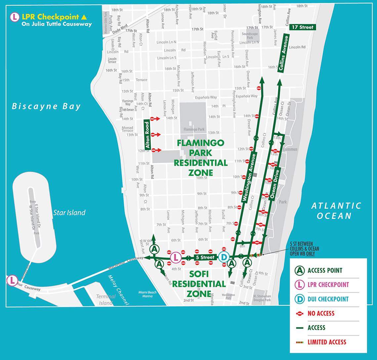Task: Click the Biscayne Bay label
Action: pyautogui.click(x=46, y=106)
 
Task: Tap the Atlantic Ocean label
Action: pyautogui.click(x=336, y=211)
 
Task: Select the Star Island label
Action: pyautogui.click(x=69, y=213)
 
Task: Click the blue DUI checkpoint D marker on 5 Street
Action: pyautogui.click(x=224, y=257)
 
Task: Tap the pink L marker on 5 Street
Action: pyautogui.click(x=176, y=257)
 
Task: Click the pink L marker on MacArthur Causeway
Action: pyautogui.click(x=12, y=280)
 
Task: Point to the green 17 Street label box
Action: pyautogui.click(x=302, y=27)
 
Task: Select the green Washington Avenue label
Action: pyautogui.click(x=249, y=177)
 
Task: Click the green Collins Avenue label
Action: pyautogui.click(x=284, y=54)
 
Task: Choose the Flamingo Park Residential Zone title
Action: pyautogui.click(x=201, y=157)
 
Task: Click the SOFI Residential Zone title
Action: pyautogui.click(x=198, y=284)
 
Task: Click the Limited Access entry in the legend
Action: pyautogui.click(x=327, y=342)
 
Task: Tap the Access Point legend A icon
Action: pyautogui.click(x=299, y=270)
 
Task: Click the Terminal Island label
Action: pyautogui.click(x=106, y=299)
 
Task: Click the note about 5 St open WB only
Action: pyautogui.click(x=304, y=249)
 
